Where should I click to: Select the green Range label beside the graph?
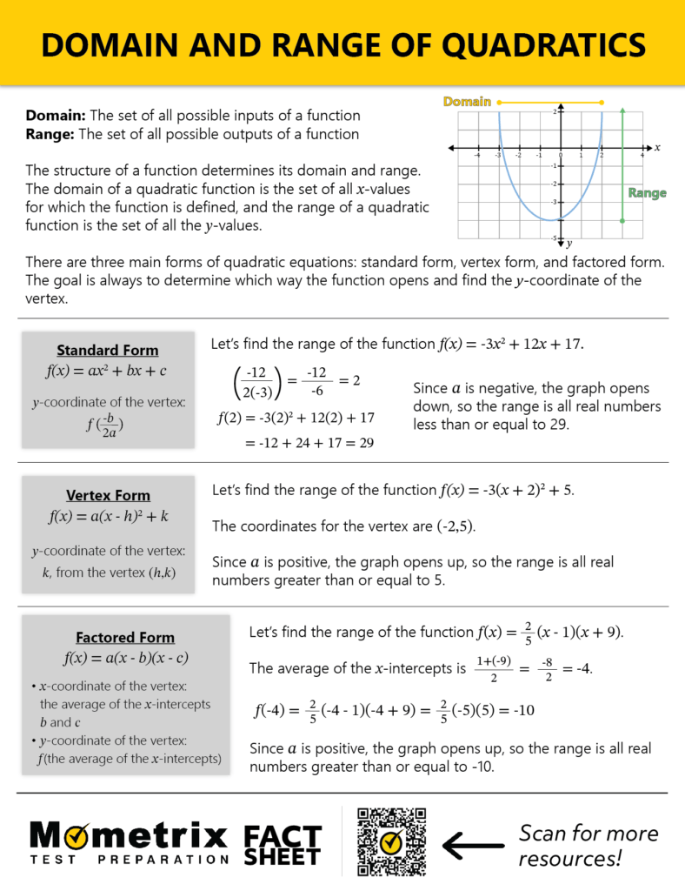[647, 193]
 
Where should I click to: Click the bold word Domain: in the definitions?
[56, 116]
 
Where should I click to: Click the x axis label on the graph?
[657, 148]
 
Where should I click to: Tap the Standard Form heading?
[108, 350]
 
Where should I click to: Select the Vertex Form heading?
[108, 495]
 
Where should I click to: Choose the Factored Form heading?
[125, 637]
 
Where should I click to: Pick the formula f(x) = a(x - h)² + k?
[108, 516]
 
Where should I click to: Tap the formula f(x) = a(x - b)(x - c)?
[125, 657]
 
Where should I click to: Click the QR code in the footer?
[392, 841]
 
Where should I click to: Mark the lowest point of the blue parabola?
[561, 219]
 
